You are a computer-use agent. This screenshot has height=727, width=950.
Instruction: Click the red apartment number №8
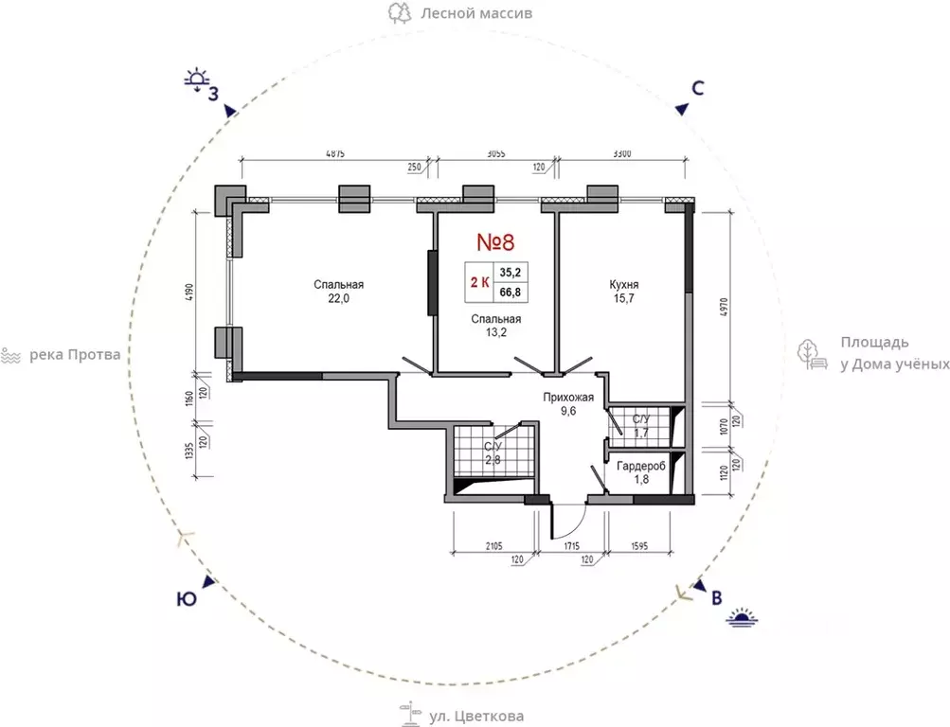tap(495, 242)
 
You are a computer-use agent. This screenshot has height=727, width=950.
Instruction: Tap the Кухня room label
tap(623, 284)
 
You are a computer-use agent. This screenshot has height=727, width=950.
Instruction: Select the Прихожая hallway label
tap(567, 397)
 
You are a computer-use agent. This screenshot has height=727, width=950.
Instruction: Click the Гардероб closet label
tap(641, 466)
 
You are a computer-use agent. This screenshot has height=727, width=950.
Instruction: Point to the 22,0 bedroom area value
tap(339, 298)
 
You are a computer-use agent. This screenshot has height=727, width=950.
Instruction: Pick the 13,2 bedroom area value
tap(496, 332)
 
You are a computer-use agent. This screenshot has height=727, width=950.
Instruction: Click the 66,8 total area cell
tap(511, 293)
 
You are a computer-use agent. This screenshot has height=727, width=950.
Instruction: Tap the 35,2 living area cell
tap(511, 273)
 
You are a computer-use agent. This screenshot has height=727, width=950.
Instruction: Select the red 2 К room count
tap(480, 283)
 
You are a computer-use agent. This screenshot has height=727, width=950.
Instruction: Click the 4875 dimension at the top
tap(335, 153)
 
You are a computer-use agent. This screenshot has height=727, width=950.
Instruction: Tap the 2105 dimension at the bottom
tap(493, 546)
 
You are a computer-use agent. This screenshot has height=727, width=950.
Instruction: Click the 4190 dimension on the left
tap(188, 293)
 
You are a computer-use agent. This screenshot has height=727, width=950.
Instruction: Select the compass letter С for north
tap(697, 88)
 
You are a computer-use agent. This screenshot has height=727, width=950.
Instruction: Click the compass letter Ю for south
tap(187, 599)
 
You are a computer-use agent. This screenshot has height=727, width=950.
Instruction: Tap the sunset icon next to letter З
tap(197, 80)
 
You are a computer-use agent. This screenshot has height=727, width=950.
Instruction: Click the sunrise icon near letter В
tap(743, 617)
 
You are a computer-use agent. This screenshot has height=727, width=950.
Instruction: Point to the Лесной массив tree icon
tap(400, 12)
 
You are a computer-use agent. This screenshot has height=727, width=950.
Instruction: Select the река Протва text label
tap(75, 355)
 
